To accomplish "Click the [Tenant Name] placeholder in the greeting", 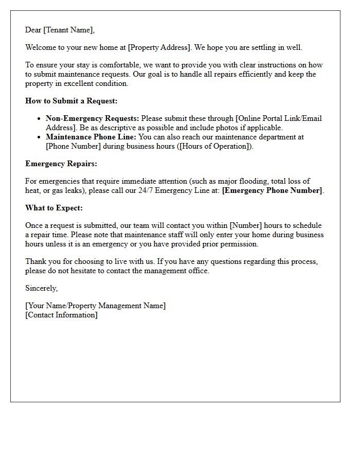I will [x=69, y=30].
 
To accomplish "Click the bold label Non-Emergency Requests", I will [x=92, y=118].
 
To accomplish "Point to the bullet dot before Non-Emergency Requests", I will [x=39, y=119].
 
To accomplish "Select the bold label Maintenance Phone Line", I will [x=91, y=137].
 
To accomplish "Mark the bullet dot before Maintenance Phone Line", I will [x=39, y=137].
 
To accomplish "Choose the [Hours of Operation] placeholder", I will [x=219, y=146].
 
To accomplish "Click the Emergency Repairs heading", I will [x=61, y=164].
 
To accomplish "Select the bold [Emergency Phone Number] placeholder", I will [x=272, y=190].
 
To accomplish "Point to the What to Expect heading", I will [x=54, y=208].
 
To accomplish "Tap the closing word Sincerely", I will [x=41, y=288].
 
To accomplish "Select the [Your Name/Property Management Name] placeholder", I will [x=96, y=306].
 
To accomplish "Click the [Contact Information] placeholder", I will [x=61, y=314].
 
